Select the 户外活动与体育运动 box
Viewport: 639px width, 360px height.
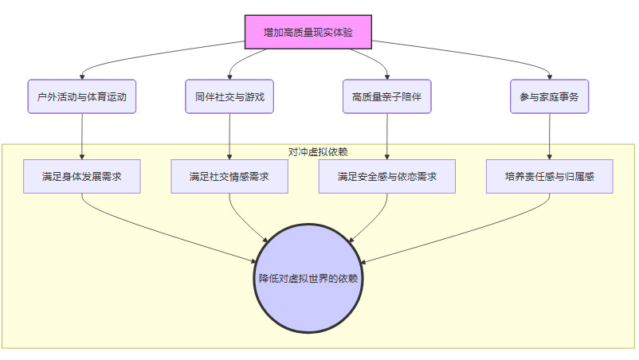pyautogui.click(x=82, y=96)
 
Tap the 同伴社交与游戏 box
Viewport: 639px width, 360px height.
pyautogui.click(x=229, y=96)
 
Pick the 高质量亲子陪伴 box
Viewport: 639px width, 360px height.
pyautogui.click(x=386, y=96)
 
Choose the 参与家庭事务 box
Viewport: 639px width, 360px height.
pyautogui.click(x=549, y=96)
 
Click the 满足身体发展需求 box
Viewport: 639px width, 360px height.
pyautogui.click(x=82, y=176)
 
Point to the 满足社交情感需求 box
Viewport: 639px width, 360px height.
pyautogui.click(x=229, y=176)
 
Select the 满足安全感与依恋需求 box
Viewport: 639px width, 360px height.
pyautogui.click(x=386, y=176)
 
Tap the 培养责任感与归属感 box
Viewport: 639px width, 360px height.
pyautogui.click(x=549, y=176)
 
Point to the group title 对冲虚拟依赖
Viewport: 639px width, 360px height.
pyautogui.click(x=318, y=151)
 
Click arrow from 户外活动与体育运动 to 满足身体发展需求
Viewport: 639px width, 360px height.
pyautogui.click(x=82, y=135)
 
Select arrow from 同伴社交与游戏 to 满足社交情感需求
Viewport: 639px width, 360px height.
pyautogui.click(x=229, y=135)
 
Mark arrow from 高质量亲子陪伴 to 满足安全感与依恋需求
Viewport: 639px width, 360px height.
pyautogui.click(x=386, y=135)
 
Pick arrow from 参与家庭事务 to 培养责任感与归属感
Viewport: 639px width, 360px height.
pyautogui.click(x=549, y=135)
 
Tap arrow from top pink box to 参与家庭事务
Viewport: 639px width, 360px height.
pyautogui.click(x=470, y=53)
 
